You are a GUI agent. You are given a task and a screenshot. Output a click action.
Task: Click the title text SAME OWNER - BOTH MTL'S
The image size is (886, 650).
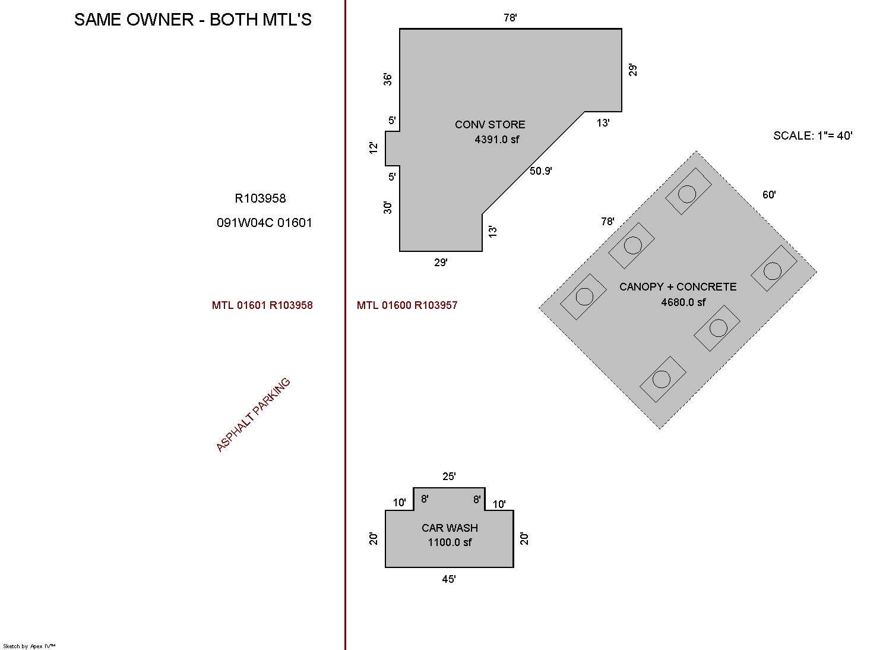pos(192,20)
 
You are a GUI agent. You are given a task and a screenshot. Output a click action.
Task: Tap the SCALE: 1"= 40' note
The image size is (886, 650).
pos(812,135)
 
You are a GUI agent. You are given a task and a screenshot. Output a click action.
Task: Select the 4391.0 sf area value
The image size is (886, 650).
pos(496,140)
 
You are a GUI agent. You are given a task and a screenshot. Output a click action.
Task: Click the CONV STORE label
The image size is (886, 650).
pos(490,125)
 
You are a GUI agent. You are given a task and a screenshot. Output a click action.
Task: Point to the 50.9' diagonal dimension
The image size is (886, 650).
pos(540,171)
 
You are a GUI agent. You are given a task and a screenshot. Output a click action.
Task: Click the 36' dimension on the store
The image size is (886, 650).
pos(388,79)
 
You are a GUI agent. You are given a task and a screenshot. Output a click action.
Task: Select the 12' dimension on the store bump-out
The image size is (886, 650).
pos(374,147)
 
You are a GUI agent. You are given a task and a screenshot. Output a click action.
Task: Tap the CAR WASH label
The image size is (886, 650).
pos(450,528)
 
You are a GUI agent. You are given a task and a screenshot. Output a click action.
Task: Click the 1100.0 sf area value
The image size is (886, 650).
pos(450,542)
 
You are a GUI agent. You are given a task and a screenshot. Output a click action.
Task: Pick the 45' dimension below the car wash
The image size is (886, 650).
pos(449,579)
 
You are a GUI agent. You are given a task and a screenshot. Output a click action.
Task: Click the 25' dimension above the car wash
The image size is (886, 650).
pos(449,477)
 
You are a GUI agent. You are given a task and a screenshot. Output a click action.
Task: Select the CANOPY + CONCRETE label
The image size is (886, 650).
pos(678,287)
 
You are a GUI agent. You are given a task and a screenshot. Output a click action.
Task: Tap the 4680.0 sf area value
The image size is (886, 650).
pos(683,302)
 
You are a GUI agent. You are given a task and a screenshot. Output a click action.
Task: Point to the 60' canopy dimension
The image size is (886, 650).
pos(769,195)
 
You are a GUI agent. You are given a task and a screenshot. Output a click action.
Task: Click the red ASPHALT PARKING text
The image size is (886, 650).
pos(253,415)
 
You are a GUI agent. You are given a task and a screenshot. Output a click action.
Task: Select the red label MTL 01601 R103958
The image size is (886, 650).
pos(262,305)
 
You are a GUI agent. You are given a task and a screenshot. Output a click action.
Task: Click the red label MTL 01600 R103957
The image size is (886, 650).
pos(407,305)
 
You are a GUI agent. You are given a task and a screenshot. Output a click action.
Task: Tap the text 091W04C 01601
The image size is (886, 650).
pos(264,223)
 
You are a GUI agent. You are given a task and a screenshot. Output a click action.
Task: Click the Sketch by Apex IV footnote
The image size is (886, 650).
pos(29,646)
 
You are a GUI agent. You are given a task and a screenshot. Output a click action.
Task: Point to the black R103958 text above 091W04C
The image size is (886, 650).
pos(260,198)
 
